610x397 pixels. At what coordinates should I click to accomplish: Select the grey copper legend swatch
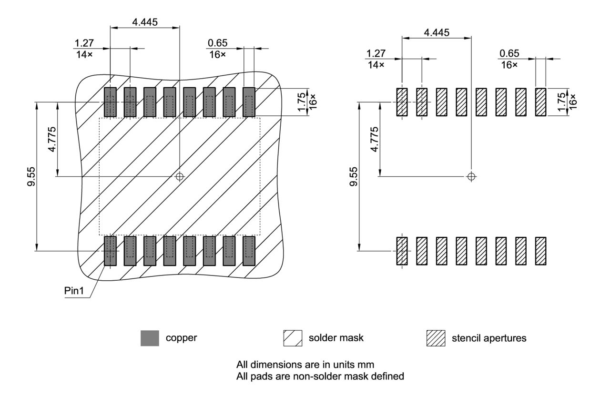coord(150,338)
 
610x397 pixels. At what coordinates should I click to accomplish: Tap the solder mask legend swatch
coord(293,338)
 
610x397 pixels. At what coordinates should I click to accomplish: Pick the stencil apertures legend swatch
coord(436,338)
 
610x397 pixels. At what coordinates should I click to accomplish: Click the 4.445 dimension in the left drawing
coord(145,22)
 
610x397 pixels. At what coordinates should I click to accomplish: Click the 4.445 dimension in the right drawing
coord(437,32)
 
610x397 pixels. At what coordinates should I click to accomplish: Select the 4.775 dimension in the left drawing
coord(52,138)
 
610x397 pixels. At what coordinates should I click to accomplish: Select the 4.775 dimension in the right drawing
coord(375,139)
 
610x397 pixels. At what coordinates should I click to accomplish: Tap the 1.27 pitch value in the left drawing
coord(84,43)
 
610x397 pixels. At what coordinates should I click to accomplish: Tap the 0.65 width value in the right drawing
coord(509,53)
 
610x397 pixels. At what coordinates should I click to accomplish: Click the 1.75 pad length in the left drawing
coord(302,102)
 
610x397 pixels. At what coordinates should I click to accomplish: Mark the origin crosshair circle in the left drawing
coord(180,176)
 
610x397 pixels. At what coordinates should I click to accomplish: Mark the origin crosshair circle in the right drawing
coord(471,176)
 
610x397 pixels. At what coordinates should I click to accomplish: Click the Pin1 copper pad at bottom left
coord(110,251)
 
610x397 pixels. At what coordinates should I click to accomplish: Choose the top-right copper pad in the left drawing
coord(249,102)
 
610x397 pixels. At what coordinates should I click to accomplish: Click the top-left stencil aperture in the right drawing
coord(402,102)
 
